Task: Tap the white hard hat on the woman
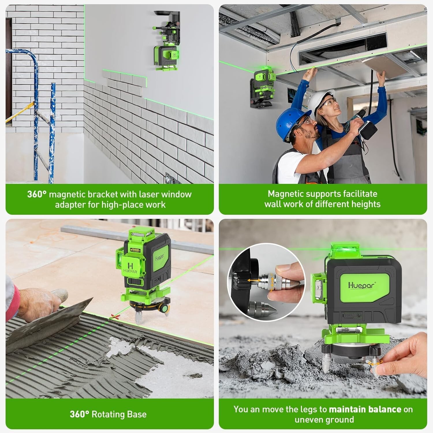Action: [x=320, y=100]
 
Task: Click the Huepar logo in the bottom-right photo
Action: [x=361, y=285]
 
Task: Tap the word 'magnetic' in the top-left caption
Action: [x=67, y=194]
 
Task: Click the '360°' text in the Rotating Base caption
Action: [x=79, y=415]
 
